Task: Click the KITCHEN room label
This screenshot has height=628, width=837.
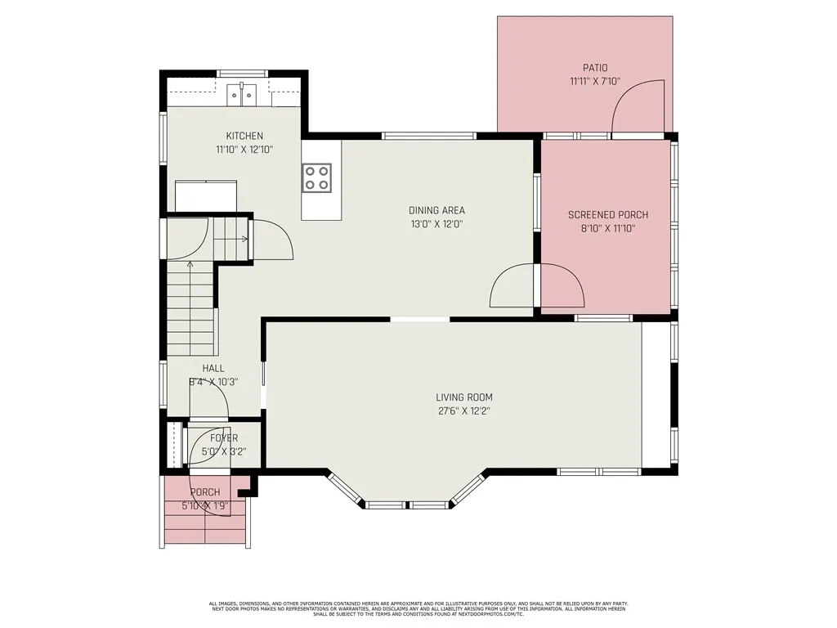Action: tap(244, 136)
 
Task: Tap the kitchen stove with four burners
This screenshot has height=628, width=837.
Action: tap(317, 177)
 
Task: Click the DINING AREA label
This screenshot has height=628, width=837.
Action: tap(437, 210)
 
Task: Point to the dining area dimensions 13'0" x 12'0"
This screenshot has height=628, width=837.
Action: tap(437, 224)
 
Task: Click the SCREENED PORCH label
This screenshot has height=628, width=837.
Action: tap(607, 215)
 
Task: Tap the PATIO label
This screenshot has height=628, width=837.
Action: tap(595, 68)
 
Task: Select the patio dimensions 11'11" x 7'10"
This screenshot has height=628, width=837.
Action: tap(595, 82)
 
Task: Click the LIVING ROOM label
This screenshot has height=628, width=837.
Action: tap(463, 397)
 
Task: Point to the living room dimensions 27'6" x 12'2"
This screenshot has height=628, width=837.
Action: tap(463, 411)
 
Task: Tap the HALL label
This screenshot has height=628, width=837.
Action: tap(213, 369)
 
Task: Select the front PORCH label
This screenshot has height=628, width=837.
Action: tap(205, 492)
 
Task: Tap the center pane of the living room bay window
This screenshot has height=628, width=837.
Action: tap(408, 505)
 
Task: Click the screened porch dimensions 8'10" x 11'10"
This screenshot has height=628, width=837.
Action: tap(607, 229)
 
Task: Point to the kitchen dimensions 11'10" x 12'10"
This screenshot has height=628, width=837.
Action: tap(244, 150)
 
